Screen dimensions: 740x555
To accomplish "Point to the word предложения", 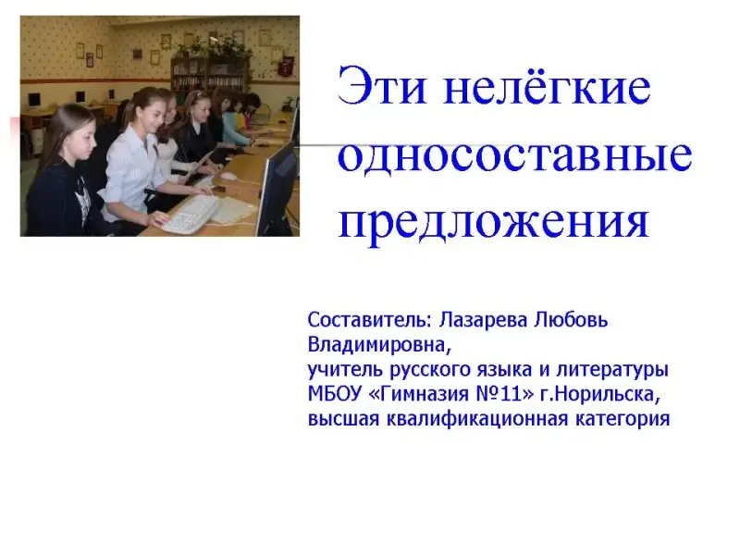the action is click(494, 222).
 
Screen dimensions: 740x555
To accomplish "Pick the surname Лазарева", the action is click(483, 320).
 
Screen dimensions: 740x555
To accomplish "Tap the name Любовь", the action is click(571, 320).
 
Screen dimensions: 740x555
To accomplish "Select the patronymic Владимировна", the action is click(379, 345).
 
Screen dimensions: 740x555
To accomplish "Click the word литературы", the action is click(612, 370).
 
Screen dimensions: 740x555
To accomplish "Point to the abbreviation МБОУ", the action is click(335, 394).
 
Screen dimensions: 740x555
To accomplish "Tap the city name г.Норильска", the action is click(599, 394).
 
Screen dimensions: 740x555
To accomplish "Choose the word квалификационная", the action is click(477, 419).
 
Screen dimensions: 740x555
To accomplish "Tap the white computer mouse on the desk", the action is click(228, 176).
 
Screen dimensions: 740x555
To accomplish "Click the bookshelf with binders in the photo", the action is click(210, 75).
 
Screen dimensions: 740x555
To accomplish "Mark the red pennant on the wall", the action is click(287, 65).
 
